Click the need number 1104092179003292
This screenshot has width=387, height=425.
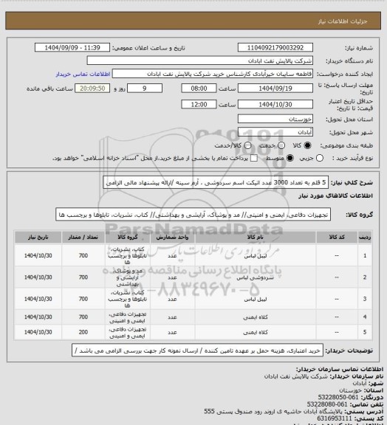277,47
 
